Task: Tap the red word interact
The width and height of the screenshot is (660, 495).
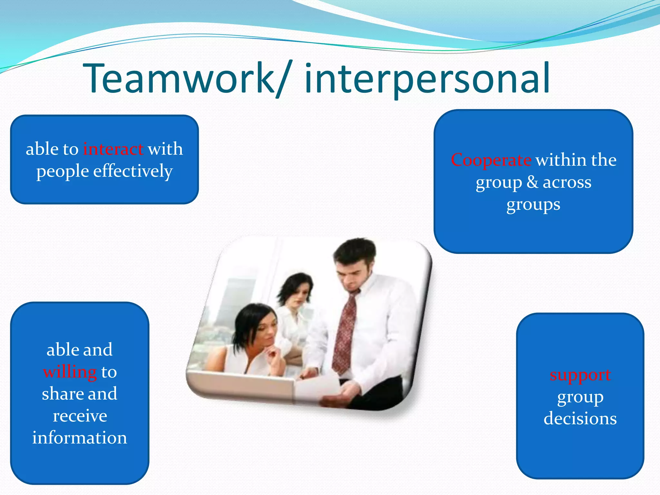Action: point(113,149)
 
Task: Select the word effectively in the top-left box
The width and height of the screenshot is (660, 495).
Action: point(133,171)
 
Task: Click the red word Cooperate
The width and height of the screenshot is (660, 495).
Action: point(491,160)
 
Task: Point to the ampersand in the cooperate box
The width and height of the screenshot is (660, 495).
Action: point(532,182)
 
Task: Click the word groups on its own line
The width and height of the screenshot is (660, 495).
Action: point(533,205)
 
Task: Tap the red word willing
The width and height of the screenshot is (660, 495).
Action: point(70,372)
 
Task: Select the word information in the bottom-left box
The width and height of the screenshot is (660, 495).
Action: point(80,438)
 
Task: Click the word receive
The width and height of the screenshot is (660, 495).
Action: point(80,416)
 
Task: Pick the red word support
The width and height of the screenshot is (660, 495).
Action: point(580,375)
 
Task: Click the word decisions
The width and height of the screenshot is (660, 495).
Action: point(580,418)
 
